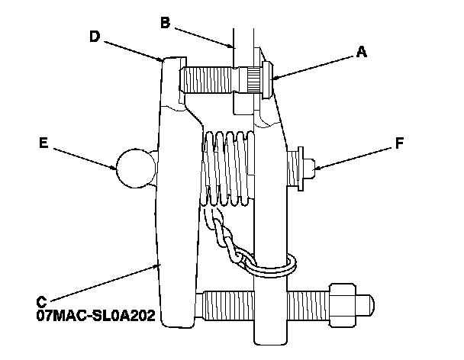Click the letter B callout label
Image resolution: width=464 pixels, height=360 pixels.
[164, 22]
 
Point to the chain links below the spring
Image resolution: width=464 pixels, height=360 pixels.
[226, 236]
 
